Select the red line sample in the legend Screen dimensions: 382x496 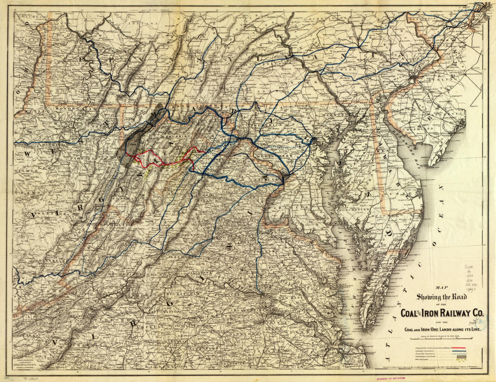point(469,349)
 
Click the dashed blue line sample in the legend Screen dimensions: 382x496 point(469,355)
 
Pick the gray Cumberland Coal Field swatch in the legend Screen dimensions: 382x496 point(469,358)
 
